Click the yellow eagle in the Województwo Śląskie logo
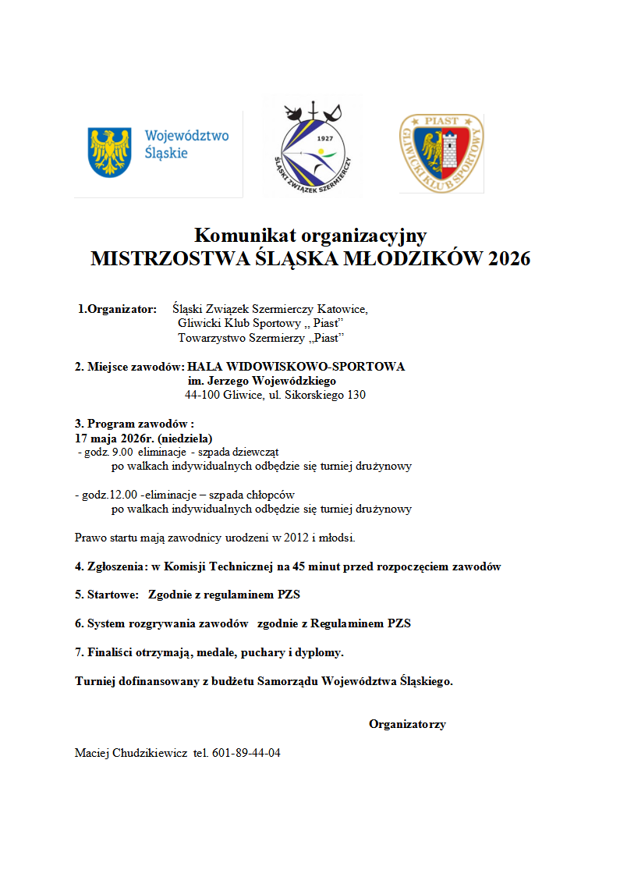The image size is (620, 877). [109, 151]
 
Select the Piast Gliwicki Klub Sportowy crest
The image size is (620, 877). [441, 153]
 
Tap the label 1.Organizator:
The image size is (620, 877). [117, 309]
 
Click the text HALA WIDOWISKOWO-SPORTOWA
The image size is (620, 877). [296, 367]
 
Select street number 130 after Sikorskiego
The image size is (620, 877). [355, 395]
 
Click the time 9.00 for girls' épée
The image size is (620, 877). [122, 452]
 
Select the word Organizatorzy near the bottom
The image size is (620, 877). [407, 724]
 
